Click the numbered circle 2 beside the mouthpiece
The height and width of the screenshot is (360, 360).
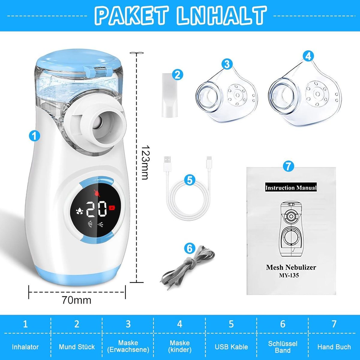tap(177, 75)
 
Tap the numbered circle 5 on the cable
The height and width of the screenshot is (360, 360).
tap(189, 181)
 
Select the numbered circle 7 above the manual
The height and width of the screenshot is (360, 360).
tap(288, 166)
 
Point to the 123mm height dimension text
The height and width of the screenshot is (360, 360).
tap(145, 162)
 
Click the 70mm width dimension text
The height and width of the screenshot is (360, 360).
tap(76, 300)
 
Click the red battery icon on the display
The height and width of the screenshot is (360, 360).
tap(112, 208)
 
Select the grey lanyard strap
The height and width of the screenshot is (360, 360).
tap(187, 265)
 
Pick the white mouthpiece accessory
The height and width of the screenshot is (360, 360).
tap(169, 95)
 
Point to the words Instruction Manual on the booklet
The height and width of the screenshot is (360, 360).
tap(291, 187)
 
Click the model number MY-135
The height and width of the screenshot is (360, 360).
tap(289, 275)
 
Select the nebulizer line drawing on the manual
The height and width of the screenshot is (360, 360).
tap(291, 230)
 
